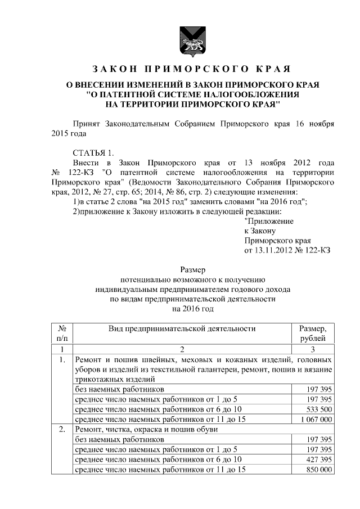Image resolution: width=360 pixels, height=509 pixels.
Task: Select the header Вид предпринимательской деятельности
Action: click(x=182, y=328)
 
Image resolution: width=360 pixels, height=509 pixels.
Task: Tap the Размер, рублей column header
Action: click(x=313, y=333)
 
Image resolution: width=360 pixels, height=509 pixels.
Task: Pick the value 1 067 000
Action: click(x=316, y=419)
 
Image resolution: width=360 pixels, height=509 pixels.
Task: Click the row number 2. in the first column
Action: click(x=63, y=429)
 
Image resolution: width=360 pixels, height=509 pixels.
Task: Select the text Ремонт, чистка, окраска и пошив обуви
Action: click(x=143, y=429)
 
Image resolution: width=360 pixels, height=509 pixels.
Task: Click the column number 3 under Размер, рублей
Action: click(x=313, y=349)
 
